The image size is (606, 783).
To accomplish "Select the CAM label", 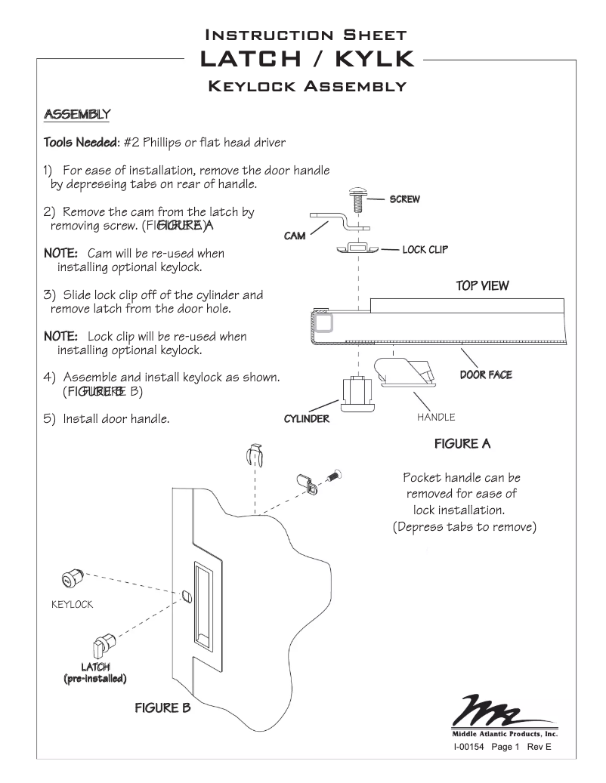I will click(x=295, y=236).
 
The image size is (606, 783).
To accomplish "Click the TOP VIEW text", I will click(x=482, y=286).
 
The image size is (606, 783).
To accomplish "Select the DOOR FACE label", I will click(x=486, y=375).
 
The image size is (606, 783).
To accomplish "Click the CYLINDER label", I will click(x=307, y=419).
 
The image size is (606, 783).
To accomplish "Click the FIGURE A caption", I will click(x=462, y=444).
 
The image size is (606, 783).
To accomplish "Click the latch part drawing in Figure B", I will click(x=101, y=646).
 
